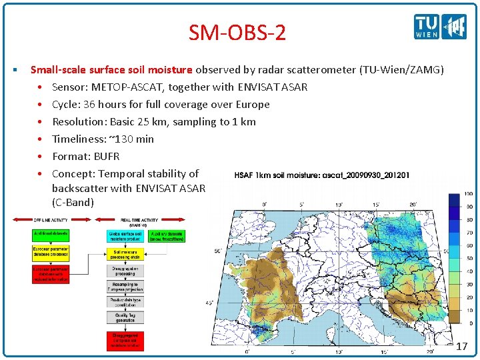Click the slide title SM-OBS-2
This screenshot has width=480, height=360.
point(237,32)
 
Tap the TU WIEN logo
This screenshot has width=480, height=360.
point(427,27)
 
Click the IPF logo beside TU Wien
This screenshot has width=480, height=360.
point(455,27)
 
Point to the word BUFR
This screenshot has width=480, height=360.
point(105,156)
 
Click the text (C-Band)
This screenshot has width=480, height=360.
point(73,202)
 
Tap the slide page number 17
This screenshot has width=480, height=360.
point(462,347)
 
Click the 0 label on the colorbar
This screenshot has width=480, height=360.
point(471,323)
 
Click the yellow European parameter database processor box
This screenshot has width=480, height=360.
point(51,254)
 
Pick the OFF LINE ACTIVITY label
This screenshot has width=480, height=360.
point(51,219)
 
